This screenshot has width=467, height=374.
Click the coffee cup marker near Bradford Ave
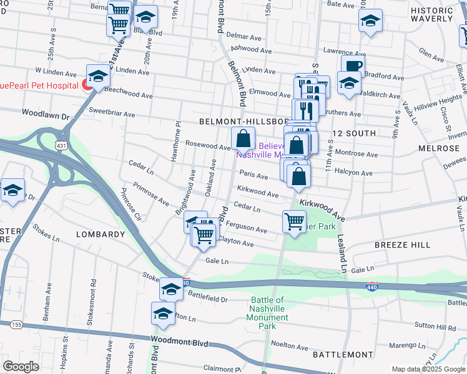352,66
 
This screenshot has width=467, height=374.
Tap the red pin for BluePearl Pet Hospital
88,85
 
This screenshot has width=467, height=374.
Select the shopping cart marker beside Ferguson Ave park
293,221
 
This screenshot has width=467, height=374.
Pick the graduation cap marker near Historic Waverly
370,21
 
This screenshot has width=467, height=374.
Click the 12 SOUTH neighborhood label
354,133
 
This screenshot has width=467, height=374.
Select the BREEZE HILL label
402,245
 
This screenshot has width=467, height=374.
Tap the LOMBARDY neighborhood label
101,234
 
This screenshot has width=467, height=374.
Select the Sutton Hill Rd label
435,326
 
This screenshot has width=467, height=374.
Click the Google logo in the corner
21,367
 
